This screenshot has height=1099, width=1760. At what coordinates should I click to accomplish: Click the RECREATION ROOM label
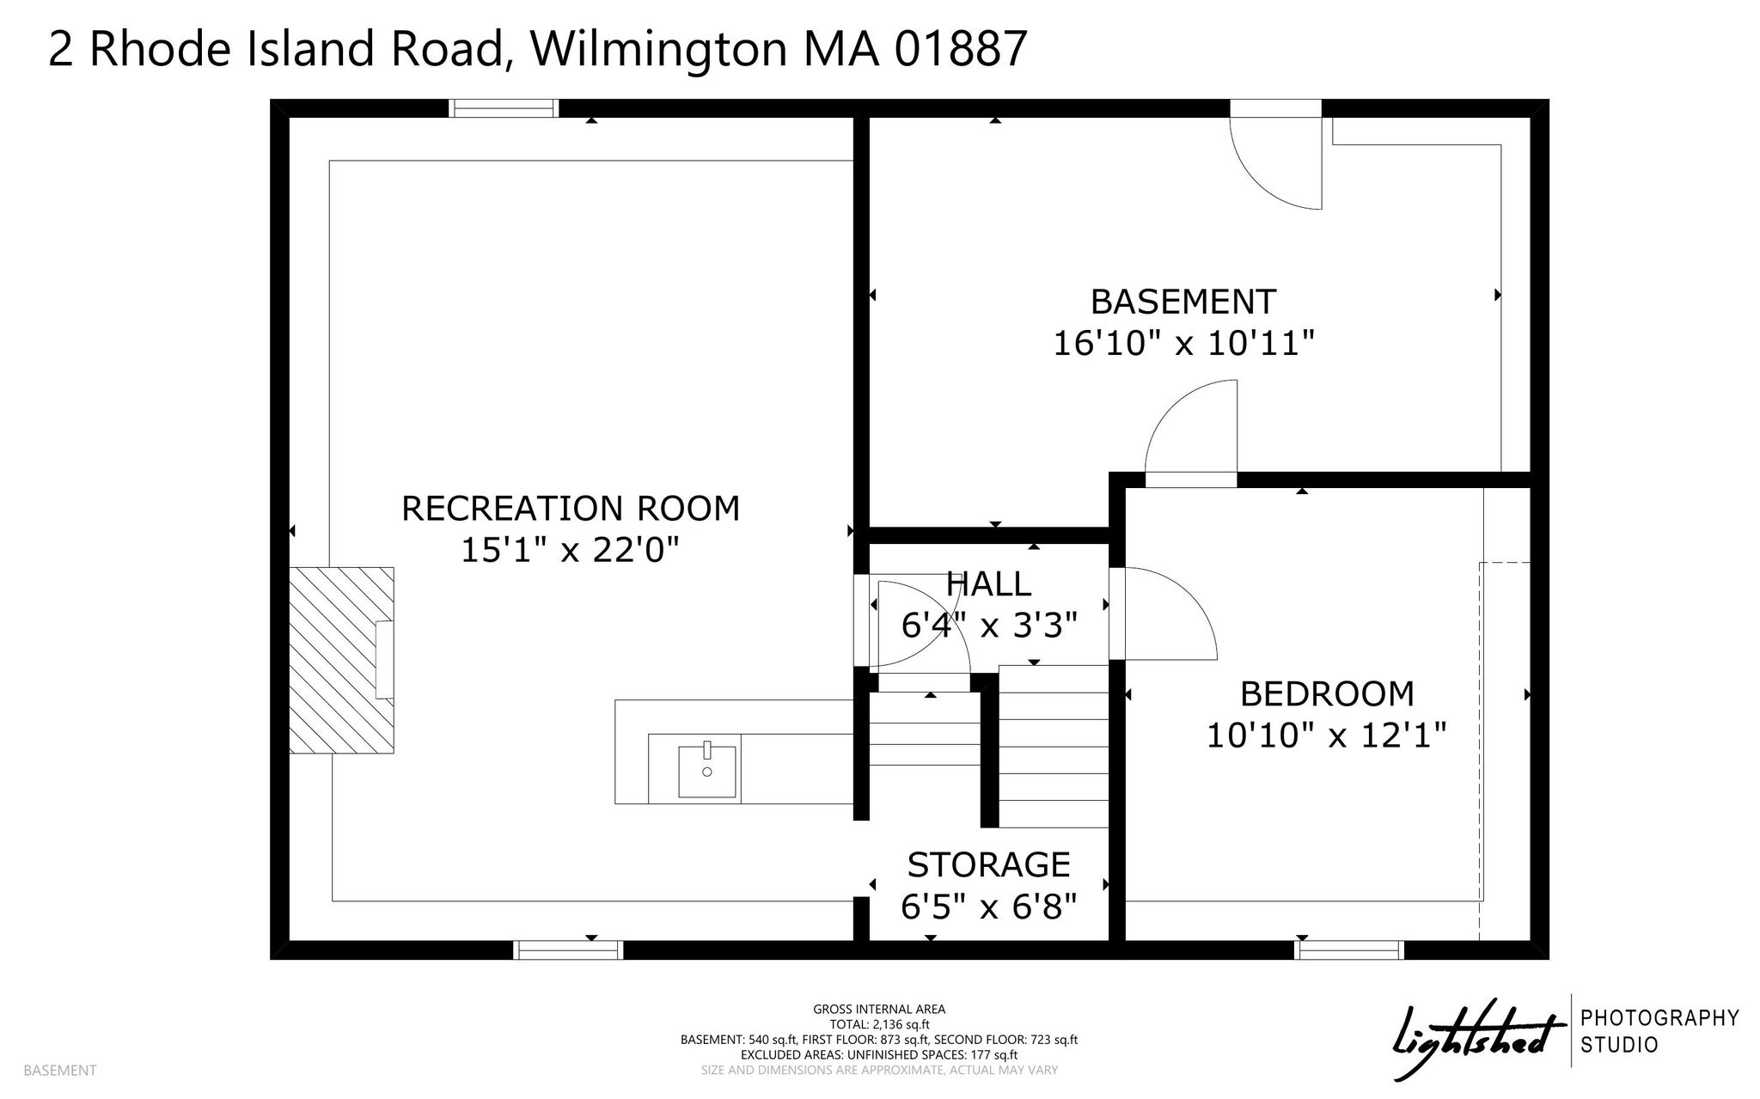click(x=571, y=508)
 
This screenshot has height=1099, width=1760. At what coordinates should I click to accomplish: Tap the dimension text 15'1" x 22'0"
click(x=571, y=550)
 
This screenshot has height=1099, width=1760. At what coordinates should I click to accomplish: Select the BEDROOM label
click(x=1327, y=693)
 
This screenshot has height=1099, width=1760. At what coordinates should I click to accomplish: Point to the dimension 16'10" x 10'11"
click(x=1184, y=344)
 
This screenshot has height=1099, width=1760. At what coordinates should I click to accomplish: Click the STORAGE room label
click(x=989, y=864)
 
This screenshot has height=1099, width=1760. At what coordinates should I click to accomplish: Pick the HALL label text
click(x=988, y=584)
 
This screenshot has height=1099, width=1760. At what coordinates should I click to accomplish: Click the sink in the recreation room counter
click(x=707, y=772)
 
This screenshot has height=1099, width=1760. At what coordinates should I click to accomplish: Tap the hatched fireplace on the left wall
click(x=341, y=660)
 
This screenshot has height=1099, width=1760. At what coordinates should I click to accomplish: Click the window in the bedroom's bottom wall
click(x=1349, y=949)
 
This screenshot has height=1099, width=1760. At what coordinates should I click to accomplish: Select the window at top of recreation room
click(x=504, y=108)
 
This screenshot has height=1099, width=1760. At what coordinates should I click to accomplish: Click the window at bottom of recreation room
click(x=568, y=949)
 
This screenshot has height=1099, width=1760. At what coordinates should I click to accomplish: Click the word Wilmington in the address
click(x=658, y=49)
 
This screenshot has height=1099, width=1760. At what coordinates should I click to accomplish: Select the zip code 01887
click(x=962, y=48)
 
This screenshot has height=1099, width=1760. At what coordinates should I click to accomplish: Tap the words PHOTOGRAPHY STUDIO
click(x=1660, y=1032)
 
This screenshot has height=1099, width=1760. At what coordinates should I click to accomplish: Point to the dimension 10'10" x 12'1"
click(x=1327, y=736)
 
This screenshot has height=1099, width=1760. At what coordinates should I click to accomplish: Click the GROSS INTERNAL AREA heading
click(x=879, y=1010)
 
